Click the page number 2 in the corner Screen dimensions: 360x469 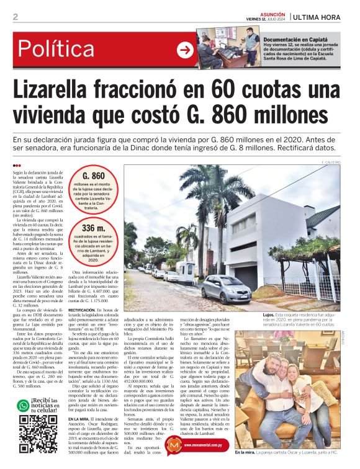(x=15, y=17)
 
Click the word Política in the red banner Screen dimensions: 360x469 (x=65, y=48)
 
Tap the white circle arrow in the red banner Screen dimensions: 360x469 (x=185, y=50)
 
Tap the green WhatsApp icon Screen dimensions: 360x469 (x=22, y=405)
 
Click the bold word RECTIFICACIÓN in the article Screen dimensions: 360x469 (x=81, y=309)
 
